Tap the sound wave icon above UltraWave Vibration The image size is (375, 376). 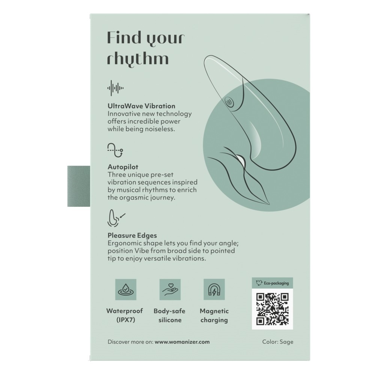coord(115,88)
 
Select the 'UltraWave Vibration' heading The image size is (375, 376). coord(141,106)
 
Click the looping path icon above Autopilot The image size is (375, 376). coord(115,150)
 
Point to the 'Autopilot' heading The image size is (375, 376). coord(123,167)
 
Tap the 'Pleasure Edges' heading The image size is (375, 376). coord(132,235)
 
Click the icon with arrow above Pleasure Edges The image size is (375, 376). coord(116,218)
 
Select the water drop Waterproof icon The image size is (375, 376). coord(126,290)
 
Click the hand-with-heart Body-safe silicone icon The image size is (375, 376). coord(170,290)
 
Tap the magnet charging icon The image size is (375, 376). coord(214,290)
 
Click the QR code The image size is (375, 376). coord(272,309)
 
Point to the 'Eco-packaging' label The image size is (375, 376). coord(276,283)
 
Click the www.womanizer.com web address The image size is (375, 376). coord(182,342)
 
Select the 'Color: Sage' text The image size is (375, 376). coord(277,342)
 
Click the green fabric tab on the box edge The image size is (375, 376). coord(79,186)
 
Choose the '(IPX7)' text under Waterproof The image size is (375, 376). coord(126,320)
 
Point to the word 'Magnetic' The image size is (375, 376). coord(214,311)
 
